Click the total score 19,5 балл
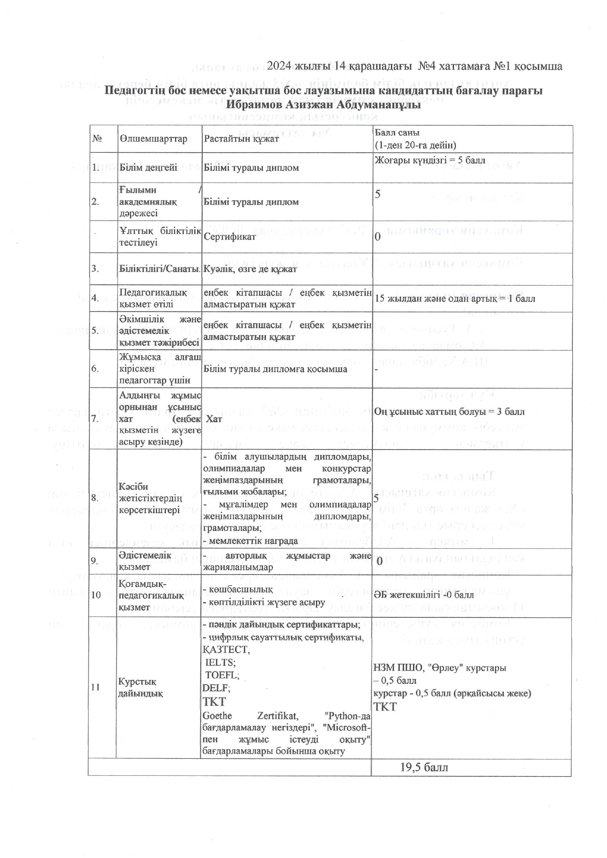[424, 767]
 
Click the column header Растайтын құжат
[241, 139]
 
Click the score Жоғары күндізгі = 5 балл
[430, 160]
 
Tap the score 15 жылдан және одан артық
[455, 298]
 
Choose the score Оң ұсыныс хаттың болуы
[449, 411]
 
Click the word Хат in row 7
[214, 419]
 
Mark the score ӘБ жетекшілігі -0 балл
[423, 595]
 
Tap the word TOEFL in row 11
[222, 675]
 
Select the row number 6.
[95, 369]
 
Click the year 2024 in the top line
[279, 66]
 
